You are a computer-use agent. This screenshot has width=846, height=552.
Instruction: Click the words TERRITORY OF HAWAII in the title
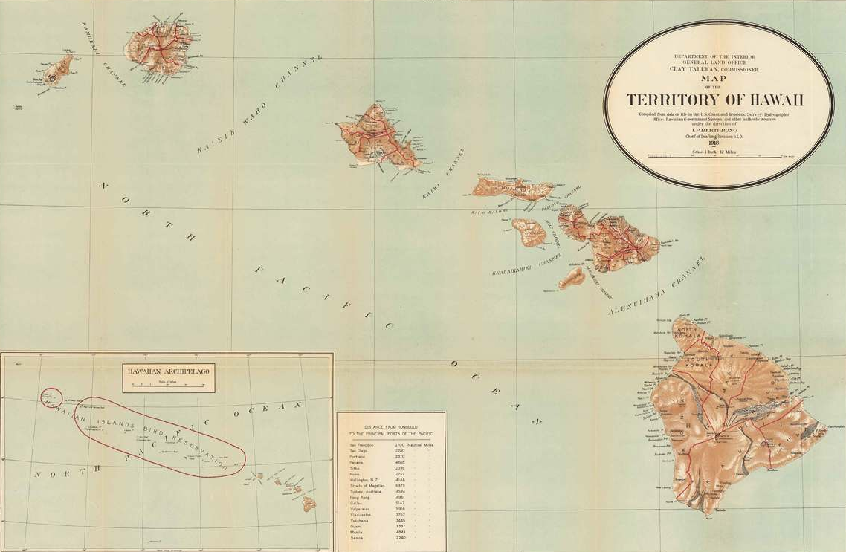pyautogui.click(x=717, y=100)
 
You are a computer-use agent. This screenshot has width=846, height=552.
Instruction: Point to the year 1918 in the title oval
pyautogui.click(x=715, y=143)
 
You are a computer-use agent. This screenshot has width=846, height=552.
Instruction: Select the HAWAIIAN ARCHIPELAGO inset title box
pyautogui.click(x=169, y=377)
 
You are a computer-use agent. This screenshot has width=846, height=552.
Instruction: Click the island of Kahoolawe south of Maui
pyautogui.click(x=572, y=279)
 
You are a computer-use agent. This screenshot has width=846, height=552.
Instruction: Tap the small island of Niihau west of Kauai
pyautogui.click(x=58, y=70)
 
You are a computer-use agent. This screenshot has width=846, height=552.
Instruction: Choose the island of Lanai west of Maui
pyautogui.click(x=529, y=233)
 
